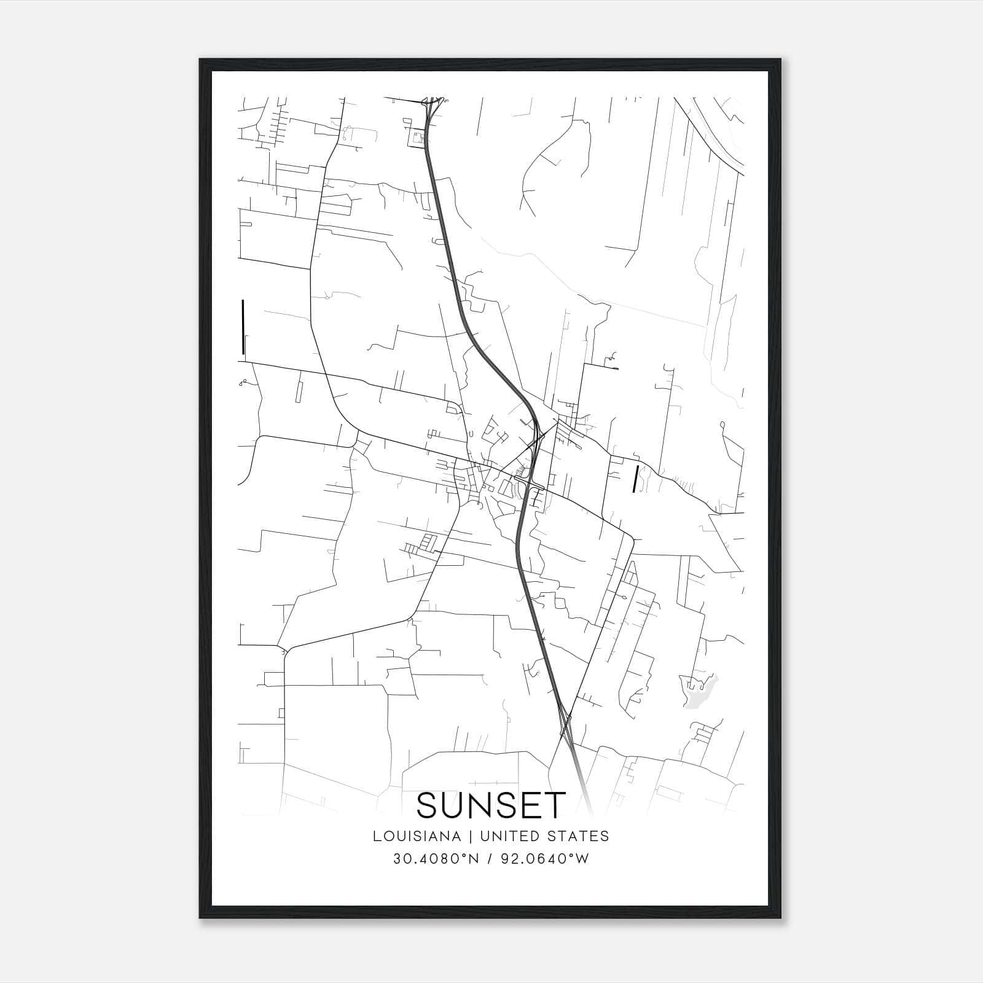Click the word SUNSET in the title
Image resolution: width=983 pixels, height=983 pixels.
[491, 805]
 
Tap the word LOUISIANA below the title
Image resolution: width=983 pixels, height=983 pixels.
[416, 836]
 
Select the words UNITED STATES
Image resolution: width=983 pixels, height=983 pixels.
[544, 836]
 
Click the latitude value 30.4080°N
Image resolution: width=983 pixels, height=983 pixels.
[435, 859]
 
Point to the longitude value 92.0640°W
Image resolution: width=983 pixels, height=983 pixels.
[544, 859]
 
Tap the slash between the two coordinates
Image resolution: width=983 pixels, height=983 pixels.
[490, 859]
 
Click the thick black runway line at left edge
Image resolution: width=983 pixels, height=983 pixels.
[243, 327]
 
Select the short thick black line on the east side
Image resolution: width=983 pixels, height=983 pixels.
[635, 479]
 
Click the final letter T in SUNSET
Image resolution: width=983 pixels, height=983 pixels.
[556, 805]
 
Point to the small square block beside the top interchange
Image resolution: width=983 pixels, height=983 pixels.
[418, 139]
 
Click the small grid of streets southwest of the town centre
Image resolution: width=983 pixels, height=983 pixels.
[421, 545]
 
